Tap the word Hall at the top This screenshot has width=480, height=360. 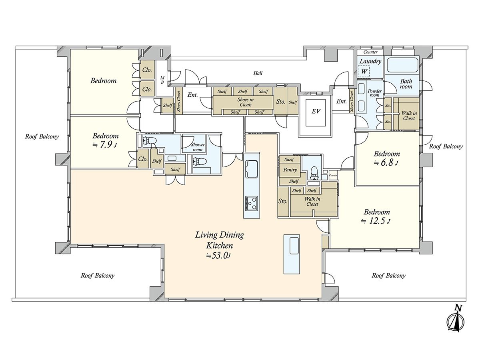click(258, 73)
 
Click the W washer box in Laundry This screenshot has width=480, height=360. click(364, 72)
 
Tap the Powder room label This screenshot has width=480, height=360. click(375, 93)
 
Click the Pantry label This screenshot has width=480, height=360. click(290, 170)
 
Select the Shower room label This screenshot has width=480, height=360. click(198, 147)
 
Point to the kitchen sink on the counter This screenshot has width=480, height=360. click(252, 169)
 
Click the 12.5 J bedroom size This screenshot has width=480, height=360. click(376, 221)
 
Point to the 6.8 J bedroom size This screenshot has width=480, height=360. click(386, 162)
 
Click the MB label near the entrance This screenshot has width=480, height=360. click(162, 80)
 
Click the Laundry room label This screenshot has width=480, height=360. click(370, 61)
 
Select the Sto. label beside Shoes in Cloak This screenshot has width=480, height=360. click(281, 102)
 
